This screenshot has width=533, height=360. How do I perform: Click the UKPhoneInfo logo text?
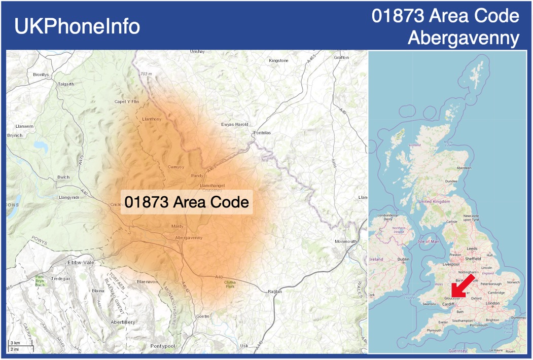point(77,26)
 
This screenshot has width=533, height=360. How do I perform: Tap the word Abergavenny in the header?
point(464,38)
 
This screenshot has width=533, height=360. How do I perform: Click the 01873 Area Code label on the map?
point(187,202)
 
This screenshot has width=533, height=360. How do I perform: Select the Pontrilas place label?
point(262,133)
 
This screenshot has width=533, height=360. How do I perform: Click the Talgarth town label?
point(66,84)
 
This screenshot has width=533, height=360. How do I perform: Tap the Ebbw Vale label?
point(81,263)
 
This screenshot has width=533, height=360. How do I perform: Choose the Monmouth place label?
point(346,241)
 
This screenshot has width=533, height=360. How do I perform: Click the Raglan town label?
point(274,292)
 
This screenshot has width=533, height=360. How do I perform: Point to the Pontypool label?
point(162,346)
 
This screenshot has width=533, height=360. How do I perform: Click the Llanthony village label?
point(152,119)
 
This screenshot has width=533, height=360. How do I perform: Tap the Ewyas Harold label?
point(235,124)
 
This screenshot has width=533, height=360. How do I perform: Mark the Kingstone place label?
point(278,60)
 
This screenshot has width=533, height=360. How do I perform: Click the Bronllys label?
point(41,75)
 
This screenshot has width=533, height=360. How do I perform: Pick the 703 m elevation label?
point(146,74)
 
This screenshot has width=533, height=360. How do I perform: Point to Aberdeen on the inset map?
point(464,167)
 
